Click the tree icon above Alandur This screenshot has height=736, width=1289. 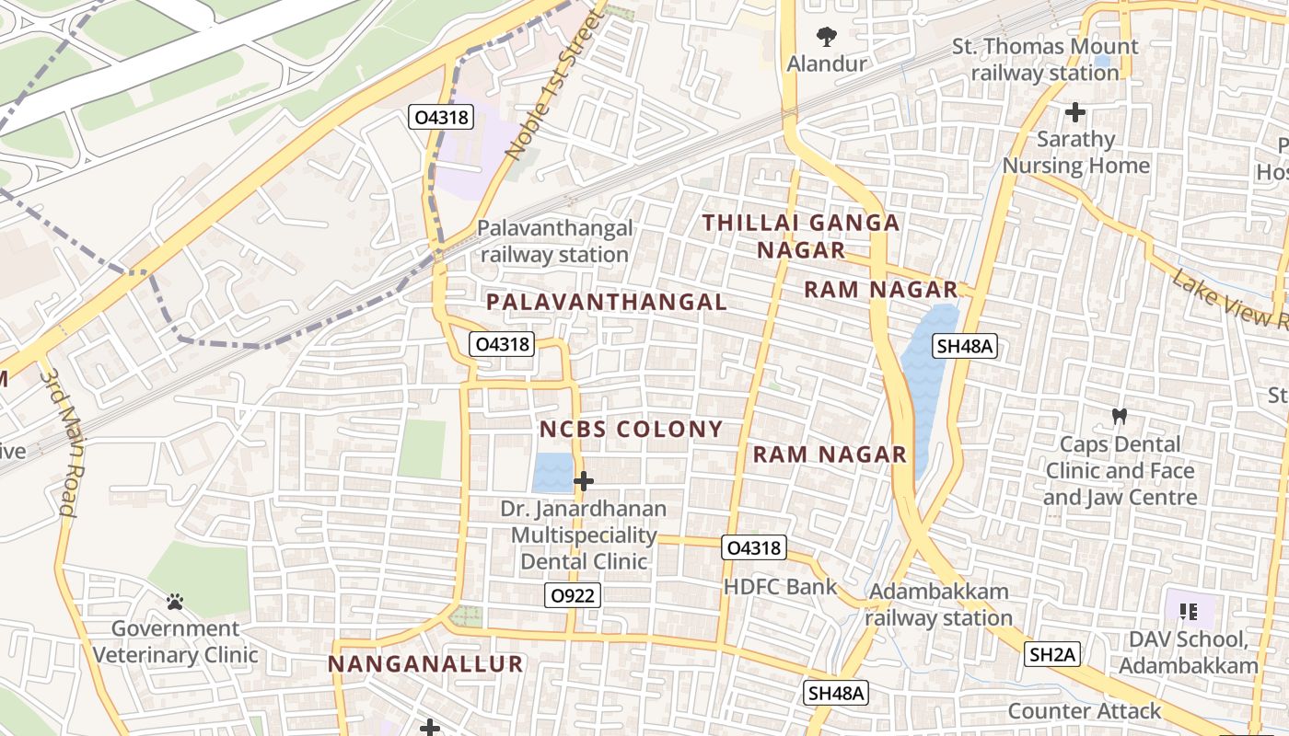click(x=827, y=38)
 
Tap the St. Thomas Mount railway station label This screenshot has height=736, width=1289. click(x=1045, y=59)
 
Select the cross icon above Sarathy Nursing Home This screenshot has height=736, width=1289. click(x=1075, y=112)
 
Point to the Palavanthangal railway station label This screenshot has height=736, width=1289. click(x=554, y=241)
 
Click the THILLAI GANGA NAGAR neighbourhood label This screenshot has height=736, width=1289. click(x=801, y=236)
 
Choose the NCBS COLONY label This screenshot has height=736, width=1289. click(x=631, y=430)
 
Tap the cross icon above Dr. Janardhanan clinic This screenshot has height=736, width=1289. click(x=583, y=480)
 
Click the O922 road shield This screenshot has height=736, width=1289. click(x=572, y=595)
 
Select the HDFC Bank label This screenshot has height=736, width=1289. click(x=780, y=587)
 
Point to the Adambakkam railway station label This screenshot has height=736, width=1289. click(x=938, y=604)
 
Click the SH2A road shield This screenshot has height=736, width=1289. click(x=1052, y=654)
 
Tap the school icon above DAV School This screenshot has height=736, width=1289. click(x=1188, y=611)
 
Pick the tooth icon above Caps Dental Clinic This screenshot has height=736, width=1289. click(x=1120, y=416)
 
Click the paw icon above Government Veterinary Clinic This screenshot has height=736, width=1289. click(x=175, y=603)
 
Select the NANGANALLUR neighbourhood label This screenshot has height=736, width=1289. click(x=425, y=663)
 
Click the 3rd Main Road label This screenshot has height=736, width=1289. click(x=58, y=442)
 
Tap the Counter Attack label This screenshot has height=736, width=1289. click(x=1085, y=710)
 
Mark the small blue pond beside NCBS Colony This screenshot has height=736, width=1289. click(x=552, y=472)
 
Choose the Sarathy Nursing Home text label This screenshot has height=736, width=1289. click(x=1075, y=153)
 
